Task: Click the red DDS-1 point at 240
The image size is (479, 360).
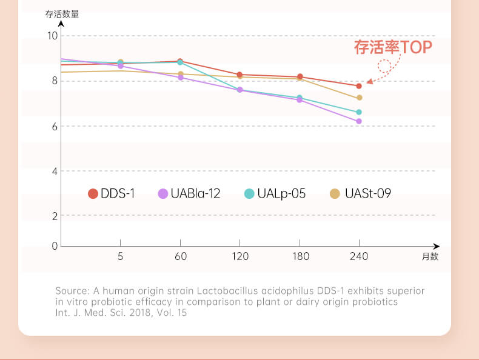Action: [359, 86]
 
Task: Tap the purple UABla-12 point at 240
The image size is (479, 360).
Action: [359, 121]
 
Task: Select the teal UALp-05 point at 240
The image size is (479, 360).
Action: [359, 112]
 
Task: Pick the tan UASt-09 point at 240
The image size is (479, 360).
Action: [359, 98]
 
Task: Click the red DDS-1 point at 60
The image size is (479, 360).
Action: [180, 61]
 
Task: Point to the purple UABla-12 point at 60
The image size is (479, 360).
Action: [180, 78]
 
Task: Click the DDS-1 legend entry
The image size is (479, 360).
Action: [112, 194]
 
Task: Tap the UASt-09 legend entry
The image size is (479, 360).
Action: [361, 194]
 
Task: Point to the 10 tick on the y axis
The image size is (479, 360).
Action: [52, 36]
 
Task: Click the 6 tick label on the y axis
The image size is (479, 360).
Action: [55, 126]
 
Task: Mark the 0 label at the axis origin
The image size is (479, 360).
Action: [55, 246]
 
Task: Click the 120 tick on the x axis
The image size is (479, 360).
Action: [240, 256]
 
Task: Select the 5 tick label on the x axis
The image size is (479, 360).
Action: [120, 256]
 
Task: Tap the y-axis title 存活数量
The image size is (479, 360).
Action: [62, 14]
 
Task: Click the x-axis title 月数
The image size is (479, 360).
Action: [430, 256]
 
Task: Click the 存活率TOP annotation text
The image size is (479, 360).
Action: [393, 47]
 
